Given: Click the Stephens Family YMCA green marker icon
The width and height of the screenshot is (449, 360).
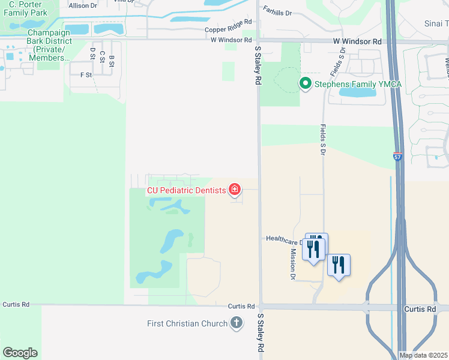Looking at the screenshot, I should [305, 83].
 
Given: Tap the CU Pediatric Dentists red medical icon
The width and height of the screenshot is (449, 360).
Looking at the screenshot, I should [235, 190].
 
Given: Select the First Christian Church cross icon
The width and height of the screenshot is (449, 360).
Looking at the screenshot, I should [237, 323].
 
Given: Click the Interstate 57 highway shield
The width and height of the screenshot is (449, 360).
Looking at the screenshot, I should [398, 156].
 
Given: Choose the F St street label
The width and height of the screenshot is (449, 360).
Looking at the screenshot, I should [86, 75].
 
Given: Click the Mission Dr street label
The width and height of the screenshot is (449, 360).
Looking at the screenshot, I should [293, 265].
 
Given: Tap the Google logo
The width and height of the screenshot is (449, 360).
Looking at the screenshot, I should [20, 353].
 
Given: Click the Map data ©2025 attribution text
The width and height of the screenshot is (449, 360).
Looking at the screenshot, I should [423, 355].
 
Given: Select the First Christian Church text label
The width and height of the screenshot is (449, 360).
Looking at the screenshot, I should [187, 324].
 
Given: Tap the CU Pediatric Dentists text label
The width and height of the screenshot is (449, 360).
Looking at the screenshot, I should [186, 191].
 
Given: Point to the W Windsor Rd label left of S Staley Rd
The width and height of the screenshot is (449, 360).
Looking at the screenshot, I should [231, 40].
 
